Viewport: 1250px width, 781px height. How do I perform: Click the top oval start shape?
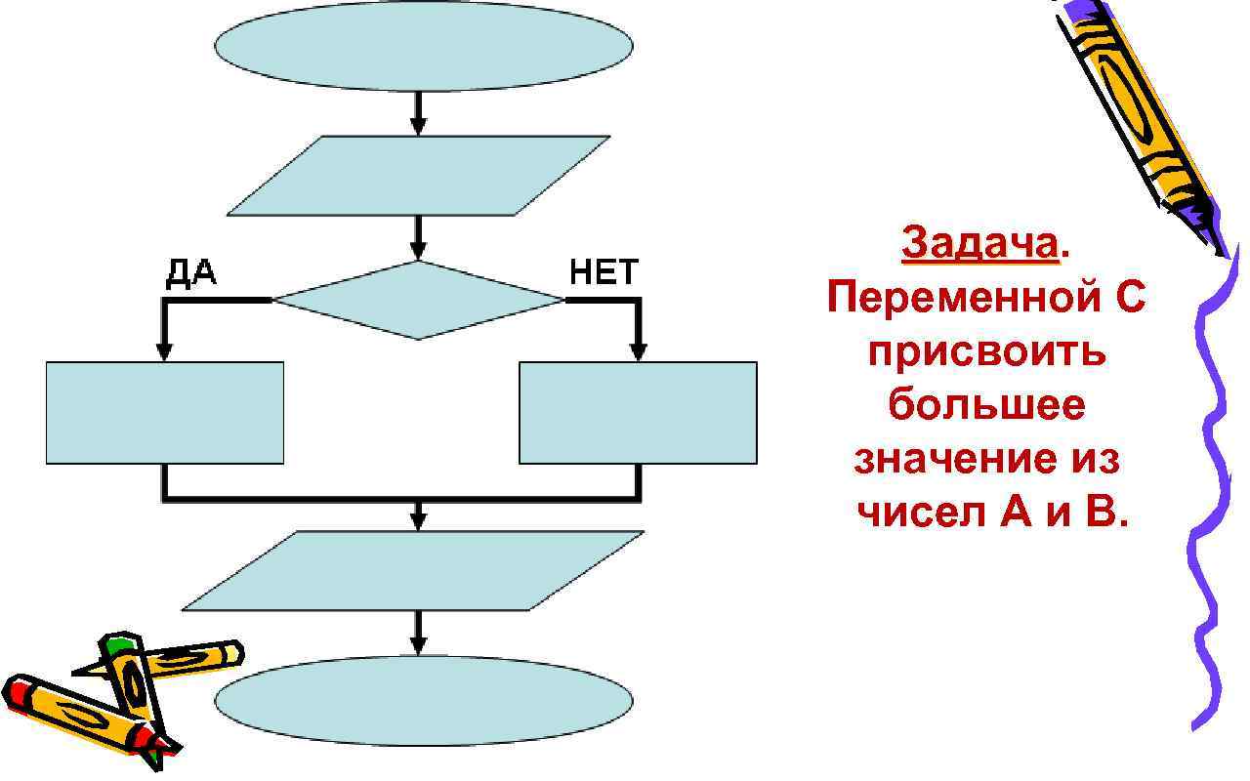coord(423,46)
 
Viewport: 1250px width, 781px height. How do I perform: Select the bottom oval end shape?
coord(423,700)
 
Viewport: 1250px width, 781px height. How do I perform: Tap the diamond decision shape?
coord(419,300)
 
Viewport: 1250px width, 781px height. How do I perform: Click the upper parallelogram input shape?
coord(419,176)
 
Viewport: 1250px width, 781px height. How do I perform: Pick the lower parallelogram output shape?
coord(413,570)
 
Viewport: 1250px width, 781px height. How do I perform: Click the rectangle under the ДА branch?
coord(165,412)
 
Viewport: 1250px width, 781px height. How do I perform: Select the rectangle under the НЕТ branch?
coord(638,412)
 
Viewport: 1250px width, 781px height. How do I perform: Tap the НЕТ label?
coord(604,272)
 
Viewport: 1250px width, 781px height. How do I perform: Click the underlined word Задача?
coord(979,244)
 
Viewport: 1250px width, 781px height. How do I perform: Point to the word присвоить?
coord(987,350)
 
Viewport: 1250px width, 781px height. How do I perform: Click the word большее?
coord(986,404)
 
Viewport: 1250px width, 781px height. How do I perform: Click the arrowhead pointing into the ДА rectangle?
coord(164,350)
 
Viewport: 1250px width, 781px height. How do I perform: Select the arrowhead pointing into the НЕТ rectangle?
coord(638,350)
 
